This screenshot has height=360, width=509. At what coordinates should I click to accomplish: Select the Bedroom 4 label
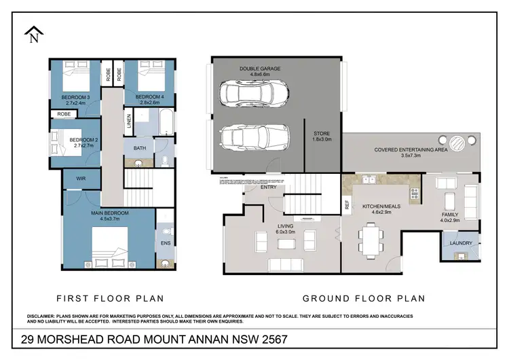point(149,96)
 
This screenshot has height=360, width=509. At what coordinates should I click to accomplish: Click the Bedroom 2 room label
point(85,141)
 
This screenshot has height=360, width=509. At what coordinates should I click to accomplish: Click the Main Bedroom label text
point(110,213)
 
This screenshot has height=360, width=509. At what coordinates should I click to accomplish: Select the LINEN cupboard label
point(129,122)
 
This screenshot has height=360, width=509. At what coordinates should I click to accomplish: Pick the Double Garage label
point(259,69)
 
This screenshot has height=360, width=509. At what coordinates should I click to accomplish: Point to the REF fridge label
point(347,204)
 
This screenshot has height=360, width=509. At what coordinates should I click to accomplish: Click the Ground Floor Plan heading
point(363,298)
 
